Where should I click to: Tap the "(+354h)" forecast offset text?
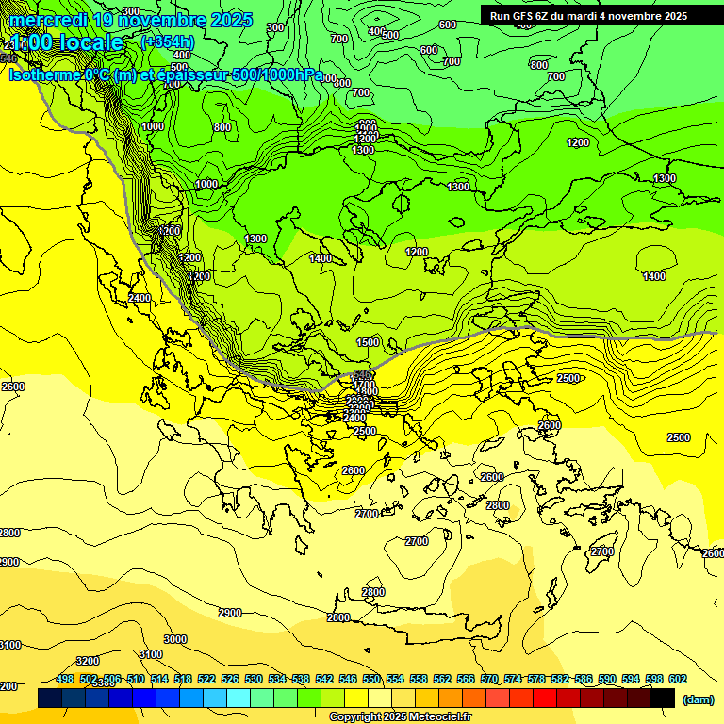pos(167,42)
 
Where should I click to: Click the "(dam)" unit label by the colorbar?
pos(697,699)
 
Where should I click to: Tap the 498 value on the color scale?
pos(65,680)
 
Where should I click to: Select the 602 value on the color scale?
pos(677,680)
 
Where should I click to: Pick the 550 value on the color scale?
pos(371,680)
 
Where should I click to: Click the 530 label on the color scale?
pos(254,680)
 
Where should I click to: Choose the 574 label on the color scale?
pos(513,680)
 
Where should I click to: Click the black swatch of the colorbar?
pos(663,699)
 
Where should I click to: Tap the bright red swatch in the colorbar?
pos(545,699)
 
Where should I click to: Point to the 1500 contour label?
pos(369,342)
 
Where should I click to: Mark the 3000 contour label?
pos(174,639)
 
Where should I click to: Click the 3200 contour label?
pos(88,661)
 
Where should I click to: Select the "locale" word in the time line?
pos(89,43)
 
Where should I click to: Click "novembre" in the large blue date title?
pos(164,20)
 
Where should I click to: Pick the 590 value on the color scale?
pos(607,680)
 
